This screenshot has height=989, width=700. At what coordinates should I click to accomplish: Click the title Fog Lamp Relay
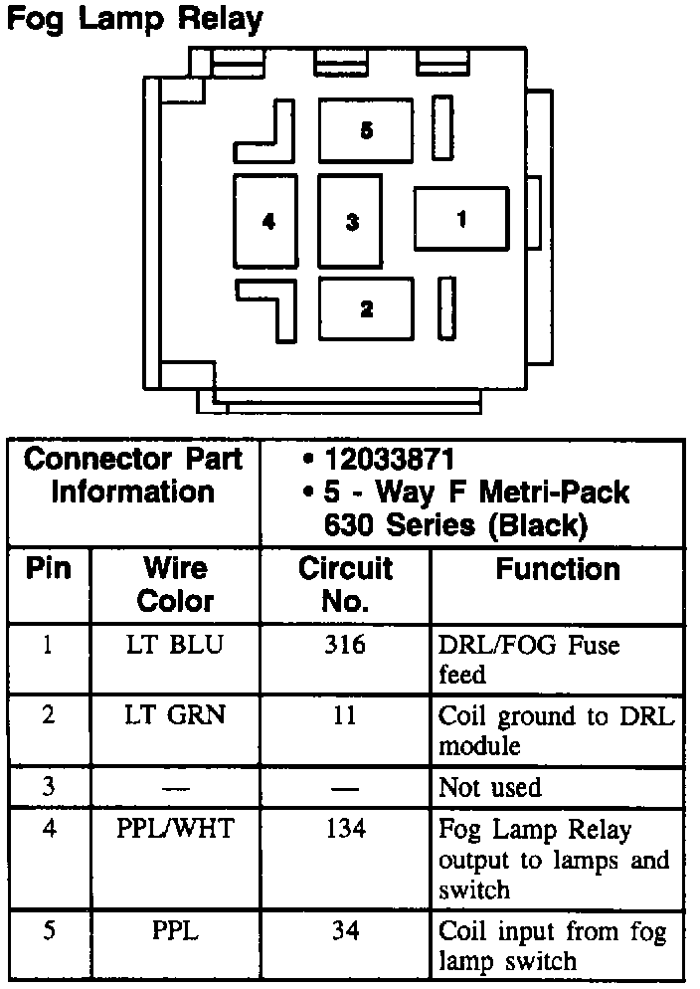pyautogui.click(x=135, y=19)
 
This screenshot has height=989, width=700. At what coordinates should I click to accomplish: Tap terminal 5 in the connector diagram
pyautogui.click(x=366, y=130)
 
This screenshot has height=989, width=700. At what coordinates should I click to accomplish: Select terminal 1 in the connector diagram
pyautogui.click(x=461, y=218)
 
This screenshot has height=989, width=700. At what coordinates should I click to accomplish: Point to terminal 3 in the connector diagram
pyautogui.click(x=351, y=221)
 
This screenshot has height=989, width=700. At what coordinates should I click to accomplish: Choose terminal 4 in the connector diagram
pyautogui.click(x=267, y=221)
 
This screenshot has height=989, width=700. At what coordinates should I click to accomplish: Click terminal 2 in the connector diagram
pyautogui.click(x=366, y=308)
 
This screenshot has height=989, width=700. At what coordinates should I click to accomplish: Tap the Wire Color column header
pyautogui.click(x=175, y=584)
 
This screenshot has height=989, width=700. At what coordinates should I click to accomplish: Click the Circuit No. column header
pyautogui.click(x=345, y=584)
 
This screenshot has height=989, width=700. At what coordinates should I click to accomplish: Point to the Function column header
pyautogui.click(x=558, y=569)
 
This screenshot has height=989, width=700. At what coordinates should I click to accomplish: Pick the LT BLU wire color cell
pyautogui.click(x=175, y=645)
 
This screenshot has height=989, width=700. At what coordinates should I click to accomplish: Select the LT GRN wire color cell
pyautogui.click(x=175, y=713)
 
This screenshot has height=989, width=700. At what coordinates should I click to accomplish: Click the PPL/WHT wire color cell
pyautogui.click(x=175, y=828)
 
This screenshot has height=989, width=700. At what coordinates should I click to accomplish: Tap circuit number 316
pyautogui.click(x=345, y=645)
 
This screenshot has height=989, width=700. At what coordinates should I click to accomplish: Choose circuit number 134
pyautogui.click(x=345, y=828)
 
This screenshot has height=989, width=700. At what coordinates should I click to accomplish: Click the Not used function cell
pyautogui.click(x=490, y=788)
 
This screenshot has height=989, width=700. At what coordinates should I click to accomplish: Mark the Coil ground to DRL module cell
pyautogui.click(x=555, y=729)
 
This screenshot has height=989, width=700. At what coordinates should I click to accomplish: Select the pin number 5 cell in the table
pyautogui.click(x=49, y=931)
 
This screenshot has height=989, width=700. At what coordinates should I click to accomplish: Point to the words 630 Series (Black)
pyautogui.click(x=455, y=523)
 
